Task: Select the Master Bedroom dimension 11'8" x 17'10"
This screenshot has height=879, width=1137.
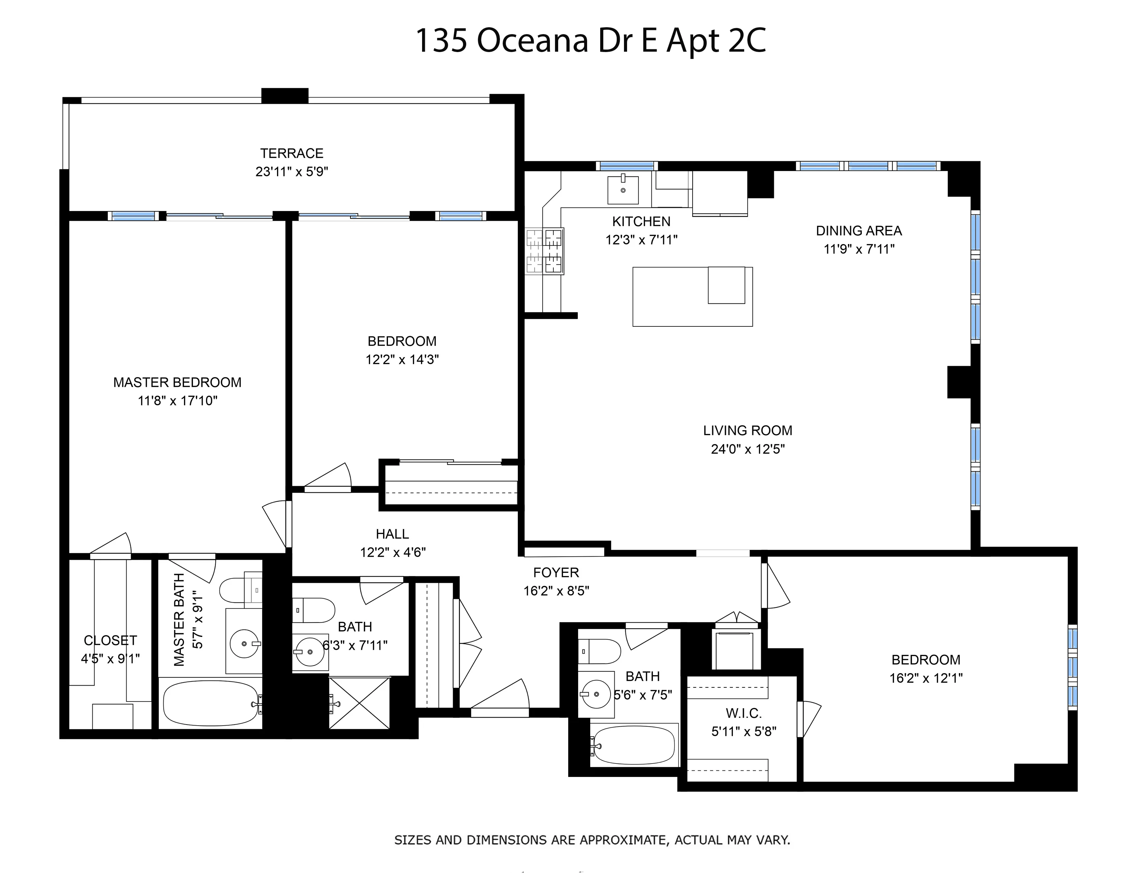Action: point(177,401)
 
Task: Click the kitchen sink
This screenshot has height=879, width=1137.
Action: point(623,190)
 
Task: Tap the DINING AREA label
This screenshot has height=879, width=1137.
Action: point(859,231)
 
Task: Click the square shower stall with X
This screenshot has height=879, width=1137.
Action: point(359,703)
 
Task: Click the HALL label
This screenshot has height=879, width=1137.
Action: point(392,534)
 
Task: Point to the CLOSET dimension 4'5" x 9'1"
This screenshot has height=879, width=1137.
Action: point(110,659)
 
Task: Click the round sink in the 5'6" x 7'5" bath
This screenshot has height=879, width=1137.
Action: point(596,694)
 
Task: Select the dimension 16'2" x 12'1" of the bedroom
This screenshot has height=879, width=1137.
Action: point(926,678)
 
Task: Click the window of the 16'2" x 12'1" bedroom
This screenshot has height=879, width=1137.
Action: point(1073,668)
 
